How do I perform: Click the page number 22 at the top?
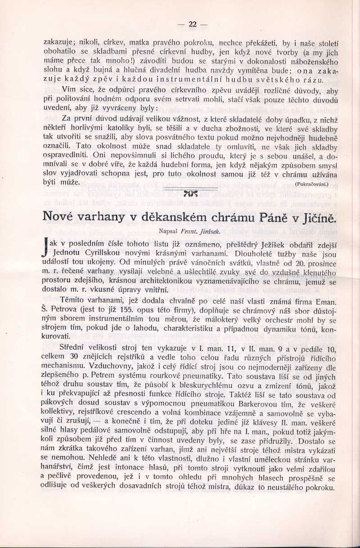click(x=193, y=24)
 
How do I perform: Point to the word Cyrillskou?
click(x=99, y=254)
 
